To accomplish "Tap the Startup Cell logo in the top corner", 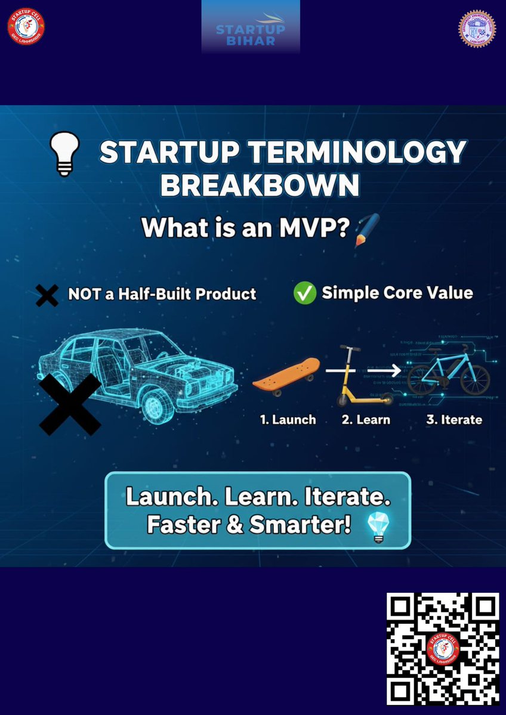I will pos(26,26).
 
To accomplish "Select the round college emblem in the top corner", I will pos(477,29).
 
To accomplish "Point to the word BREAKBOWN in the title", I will pos(260,185).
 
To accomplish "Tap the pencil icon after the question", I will pos(366,230).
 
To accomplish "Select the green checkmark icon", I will pos(304,293).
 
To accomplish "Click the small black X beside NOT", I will pos(47,295).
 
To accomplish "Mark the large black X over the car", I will pos(70,404).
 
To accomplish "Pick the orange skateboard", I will pos(286,374).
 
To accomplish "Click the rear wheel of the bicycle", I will pos(422,380).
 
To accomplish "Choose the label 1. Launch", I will pos(288,420).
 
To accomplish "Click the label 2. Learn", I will pos(365,420).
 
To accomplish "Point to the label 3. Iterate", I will pos(453,420).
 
